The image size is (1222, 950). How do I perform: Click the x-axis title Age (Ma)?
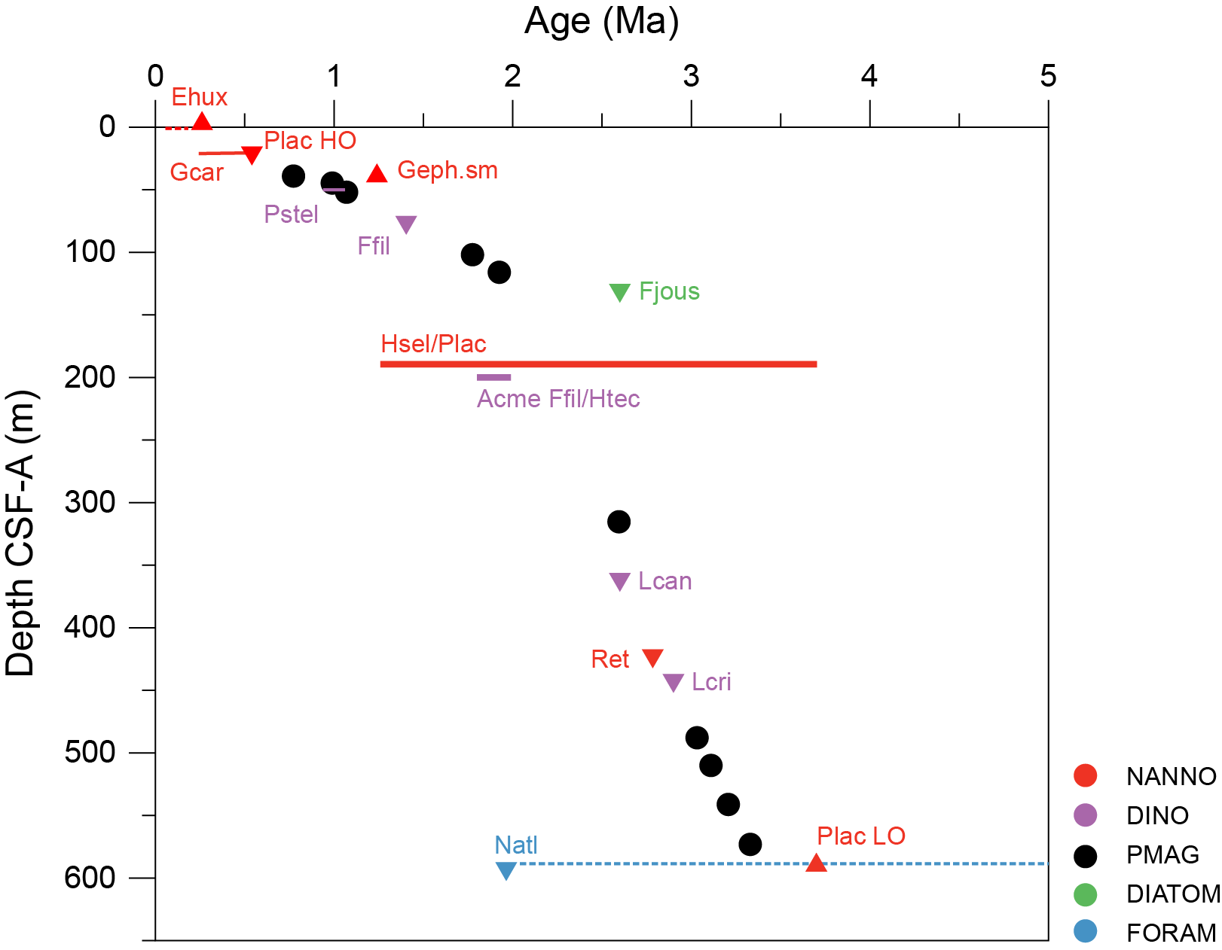[x=601, y=21]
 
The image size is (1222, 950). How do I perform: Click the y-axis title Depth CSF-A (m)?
[x=20, y=533]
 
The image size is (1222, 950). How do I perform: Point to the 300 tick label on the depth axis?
[x=90, y=502]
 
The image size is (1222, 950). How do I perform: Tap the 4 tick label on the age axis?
[x=869, y=76]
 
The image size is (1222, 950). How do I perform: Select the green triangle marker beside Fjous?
[x=619, y=292]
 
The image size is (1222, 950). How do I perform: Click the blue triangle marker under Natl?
[x=506, y=870]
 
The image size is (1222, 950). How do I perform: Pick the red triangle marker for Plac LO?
[x=816, y=863]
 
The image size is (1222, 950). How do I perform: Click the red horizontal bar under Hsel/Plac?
[x=598, y=364]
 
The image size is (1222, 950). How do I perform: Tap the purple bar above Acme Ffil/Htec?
[x=493, y=377]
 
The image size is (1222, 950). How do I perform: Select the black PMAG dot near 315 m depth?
[x=619, y=522]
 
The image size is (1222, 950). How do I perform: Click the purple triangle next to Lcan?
[x=619, y=581]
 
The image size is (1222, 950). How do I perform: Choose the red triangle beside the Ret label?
[x=652, y=658]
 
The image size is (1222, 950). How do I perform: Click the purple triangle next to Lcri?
[x=673, y=682]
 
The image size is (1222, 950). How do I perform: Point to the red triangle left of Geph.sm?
[x=377, y=174]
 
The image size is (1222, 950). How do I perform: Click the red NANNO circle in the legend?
[x=1085, y=776]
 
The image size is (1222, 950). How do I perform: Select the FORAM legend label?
[x=1171, y=933]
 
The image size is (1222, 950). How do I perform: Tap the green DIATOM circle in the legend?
[x=1085, y=894]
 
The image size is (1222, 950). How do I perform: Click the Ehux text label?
[x=199, y=97]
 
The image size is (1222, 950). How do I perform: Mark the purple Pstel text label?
[x=291, y=215]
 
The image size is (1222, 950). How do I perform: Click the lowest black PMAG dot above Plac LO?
[x=750, y=845]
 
